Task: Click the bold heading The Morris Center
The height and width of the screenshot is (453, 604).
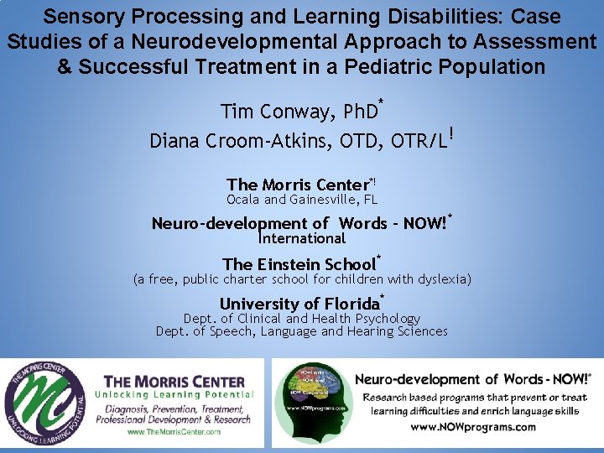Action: [298, 185]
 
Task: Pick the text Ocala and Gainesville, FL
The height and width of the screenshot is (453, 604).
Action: [302, 200]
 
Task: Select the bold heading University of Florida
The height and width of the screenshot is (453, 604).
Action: [299, 304]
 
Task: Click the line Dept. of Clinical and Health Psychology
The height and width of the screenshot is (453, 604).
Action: [302, 319]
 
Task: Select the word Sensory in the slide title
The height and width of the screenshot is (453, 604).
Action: [80, 16]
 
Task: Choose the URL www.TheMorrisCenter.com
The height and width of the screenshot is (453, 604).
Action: [174, 432]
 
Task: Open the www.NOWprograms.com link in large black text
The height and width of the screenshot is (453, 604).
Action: [473, 427]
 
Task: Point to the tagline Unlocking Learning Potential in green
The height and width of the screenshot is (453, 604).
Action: [174, 394]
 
